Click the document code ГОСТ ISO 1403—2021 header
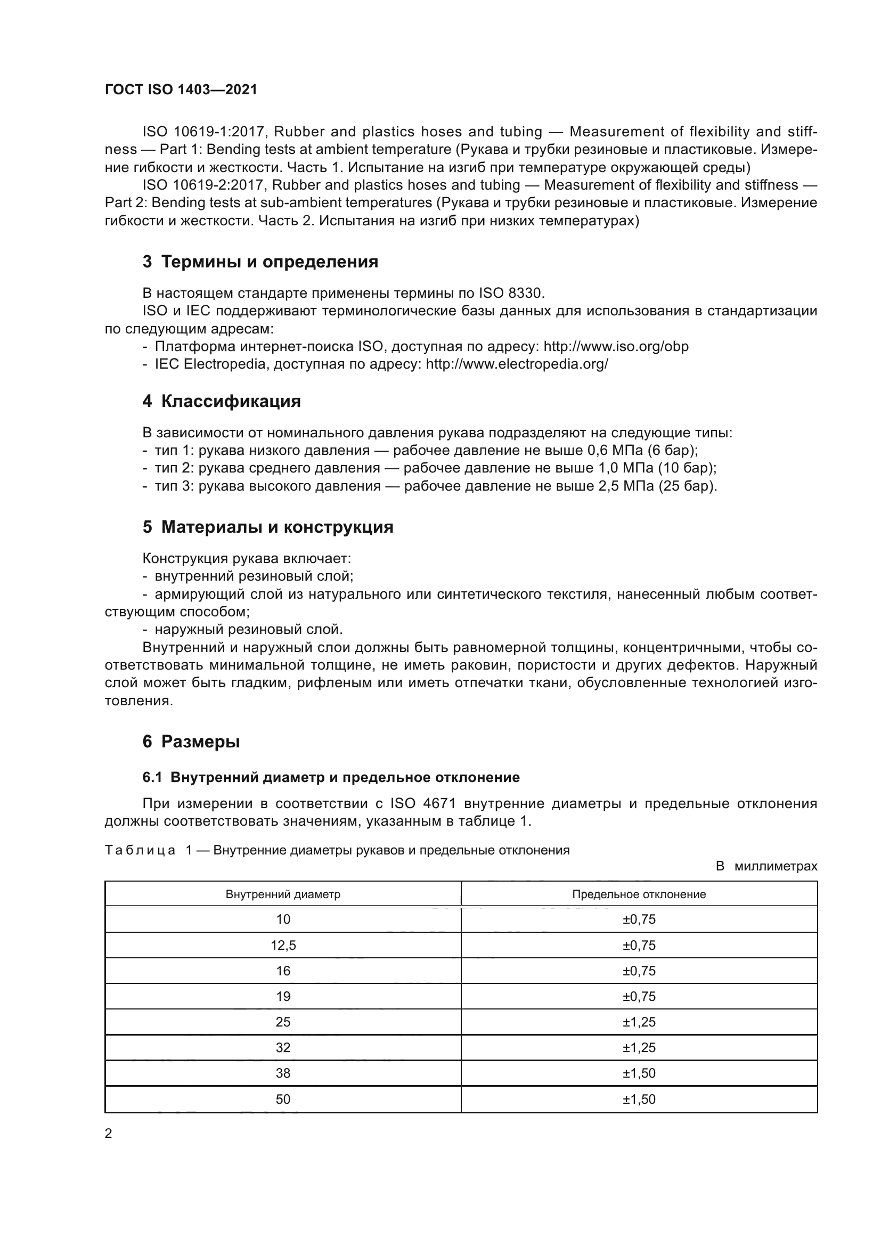tap(181, 90)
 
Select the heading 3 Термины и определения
tap(260, 262)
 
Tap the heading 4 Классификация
tap(222, 401)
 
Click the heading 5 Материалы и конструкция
tap(268, 527)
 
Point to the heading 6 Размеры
tap(191, 742)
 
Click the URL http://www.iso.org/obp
tap(616, 346)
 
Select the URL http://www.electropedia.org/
tap(517, 364)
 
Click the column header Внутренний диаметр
tap(283, 894)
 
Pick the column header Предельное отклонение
tap(639, 894)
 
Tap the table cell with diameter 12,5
tap(283, 946)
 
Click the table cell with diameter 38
tap(283, 1073)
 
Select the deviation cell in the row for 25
tap(639, 1022)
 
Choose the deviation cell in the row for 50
tap(639, 1100)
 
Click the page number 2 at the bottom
tap(109, 1133)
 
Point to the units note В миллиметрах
tap(766, 866)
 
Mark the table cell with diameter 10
tap(283, 919)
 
